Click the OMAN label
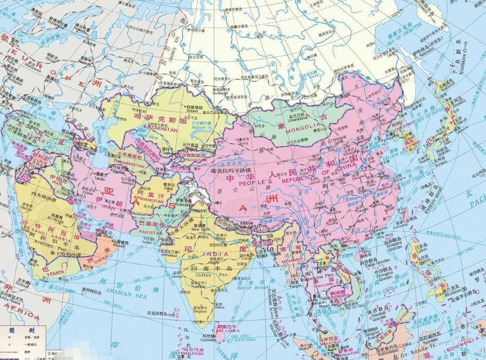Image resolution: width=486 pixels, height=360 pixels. click(x=90, y=259)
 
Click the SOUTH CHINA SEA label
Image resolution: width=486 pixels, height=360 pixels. click(x=380, y=292)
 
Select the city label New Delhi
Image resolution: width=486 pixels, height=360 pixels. click(x=199, y=229)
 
